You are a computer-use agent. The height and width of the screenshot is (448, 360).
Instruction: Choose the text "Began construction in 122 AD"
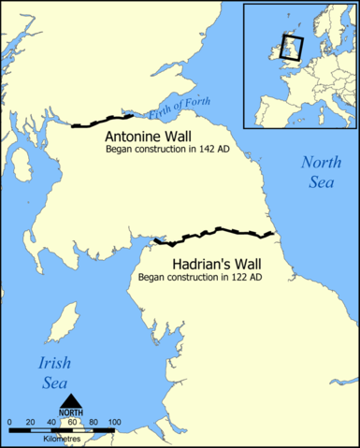tap(199, 278)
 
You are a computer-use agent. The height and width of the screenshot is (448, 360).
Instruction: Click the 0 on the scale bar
tap(9, 424)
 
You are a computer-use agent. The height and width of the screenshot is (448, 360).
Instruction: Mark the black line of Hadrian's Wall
tap(215, 231)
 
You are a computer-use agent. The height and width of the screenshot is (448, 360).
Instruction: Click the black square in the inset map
tap(290, 48)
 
